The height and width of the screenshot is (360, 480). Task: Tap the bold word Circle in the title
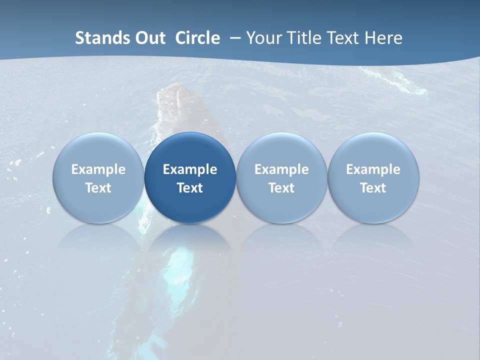[x=197, y=38]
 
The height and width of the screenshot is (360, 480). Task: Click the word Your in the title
[x=263, y=38]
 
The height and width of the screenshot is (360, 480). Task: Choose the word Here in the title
[x=385, y=38]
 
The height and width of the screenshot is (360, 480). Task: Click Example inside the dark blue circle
[x=190, y=169]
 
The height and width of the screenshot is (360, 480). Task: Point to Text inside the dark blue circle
[x=190, y=188]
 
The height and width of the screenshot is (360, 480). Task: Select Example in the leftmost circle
[x=98, y=169]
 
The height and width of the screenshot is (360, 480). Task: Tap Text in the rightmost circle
[x=373, y=188]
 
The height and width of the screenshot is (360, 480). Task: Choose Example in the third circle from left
[x=281, y=169]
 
